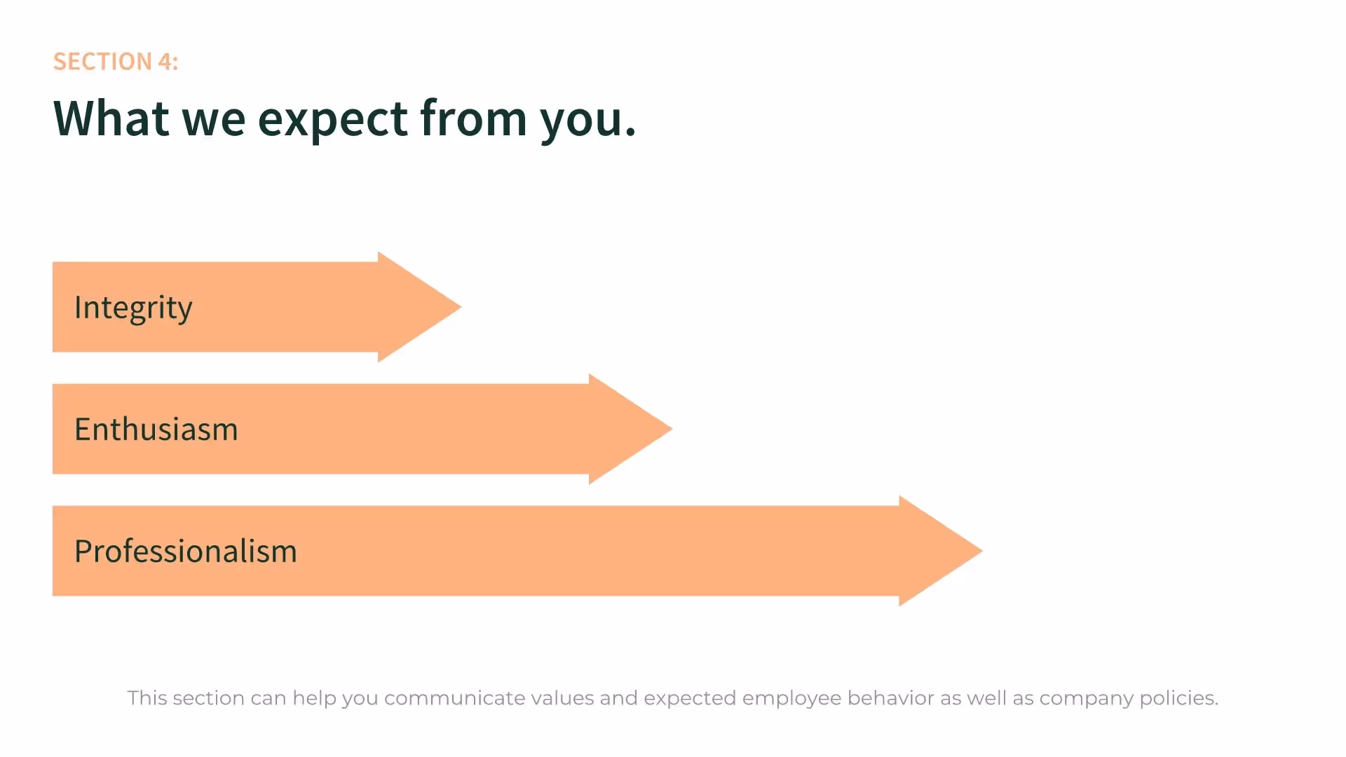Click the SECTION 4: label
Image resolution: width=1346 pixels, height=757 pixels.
[x=116, y=62]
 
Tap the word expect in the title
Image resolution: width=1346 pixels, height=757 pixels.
[x=333, y=119]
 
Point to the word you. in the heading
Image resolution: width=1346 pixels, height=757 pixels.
[x=587, y=119]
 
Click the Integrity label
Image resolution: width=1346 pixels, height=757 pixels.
[x=133, y=308]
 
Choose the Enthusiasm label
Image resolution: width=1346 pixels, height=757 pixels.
[x=156, y=429]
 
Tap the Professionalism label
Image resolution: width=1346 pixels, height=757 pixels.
[x=186, y=551]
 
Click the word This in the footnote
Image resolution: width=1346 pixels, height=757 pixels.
[x=147, y=698]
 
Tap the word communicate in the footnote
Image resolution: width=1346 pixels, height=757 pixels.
[x=454, y=698]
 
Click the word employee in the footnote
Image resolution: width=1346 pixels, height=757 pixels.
[x=791, y=698]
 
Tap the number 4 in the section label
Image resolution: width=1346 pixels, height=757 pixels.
[x=165, y=62]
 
